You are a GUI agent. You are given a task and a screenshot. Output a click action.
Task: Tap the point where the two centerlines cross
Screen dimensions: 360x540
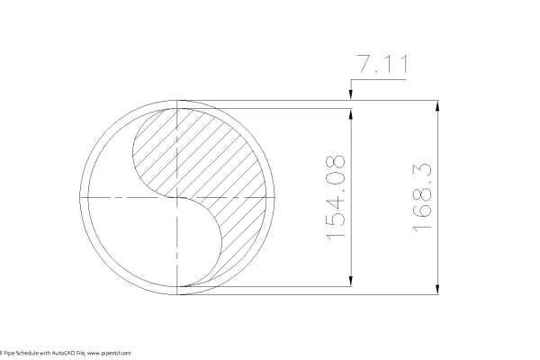coord(182,196)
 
